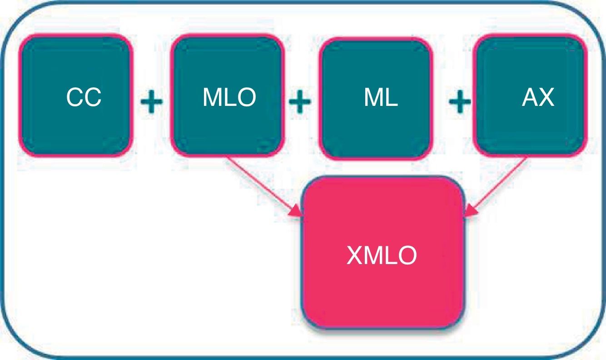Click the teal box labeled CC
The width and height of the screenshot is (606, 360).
coord(75,95)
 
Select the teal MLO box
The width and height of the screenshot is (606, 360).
coord(228,95)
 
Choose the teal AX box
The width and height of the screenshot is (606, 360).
coord(530,95)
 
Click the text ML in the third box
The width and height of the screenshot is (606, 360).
coord(381,98)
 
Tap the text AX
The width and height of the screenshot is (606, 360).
coord(538,98)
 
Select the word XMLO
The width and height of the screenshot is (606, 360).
coord(382,256)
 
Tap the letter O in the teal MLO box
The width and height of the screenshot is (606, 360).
coord(246,98)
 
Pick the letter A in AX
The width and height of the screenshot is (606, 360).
coord(530,98)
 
